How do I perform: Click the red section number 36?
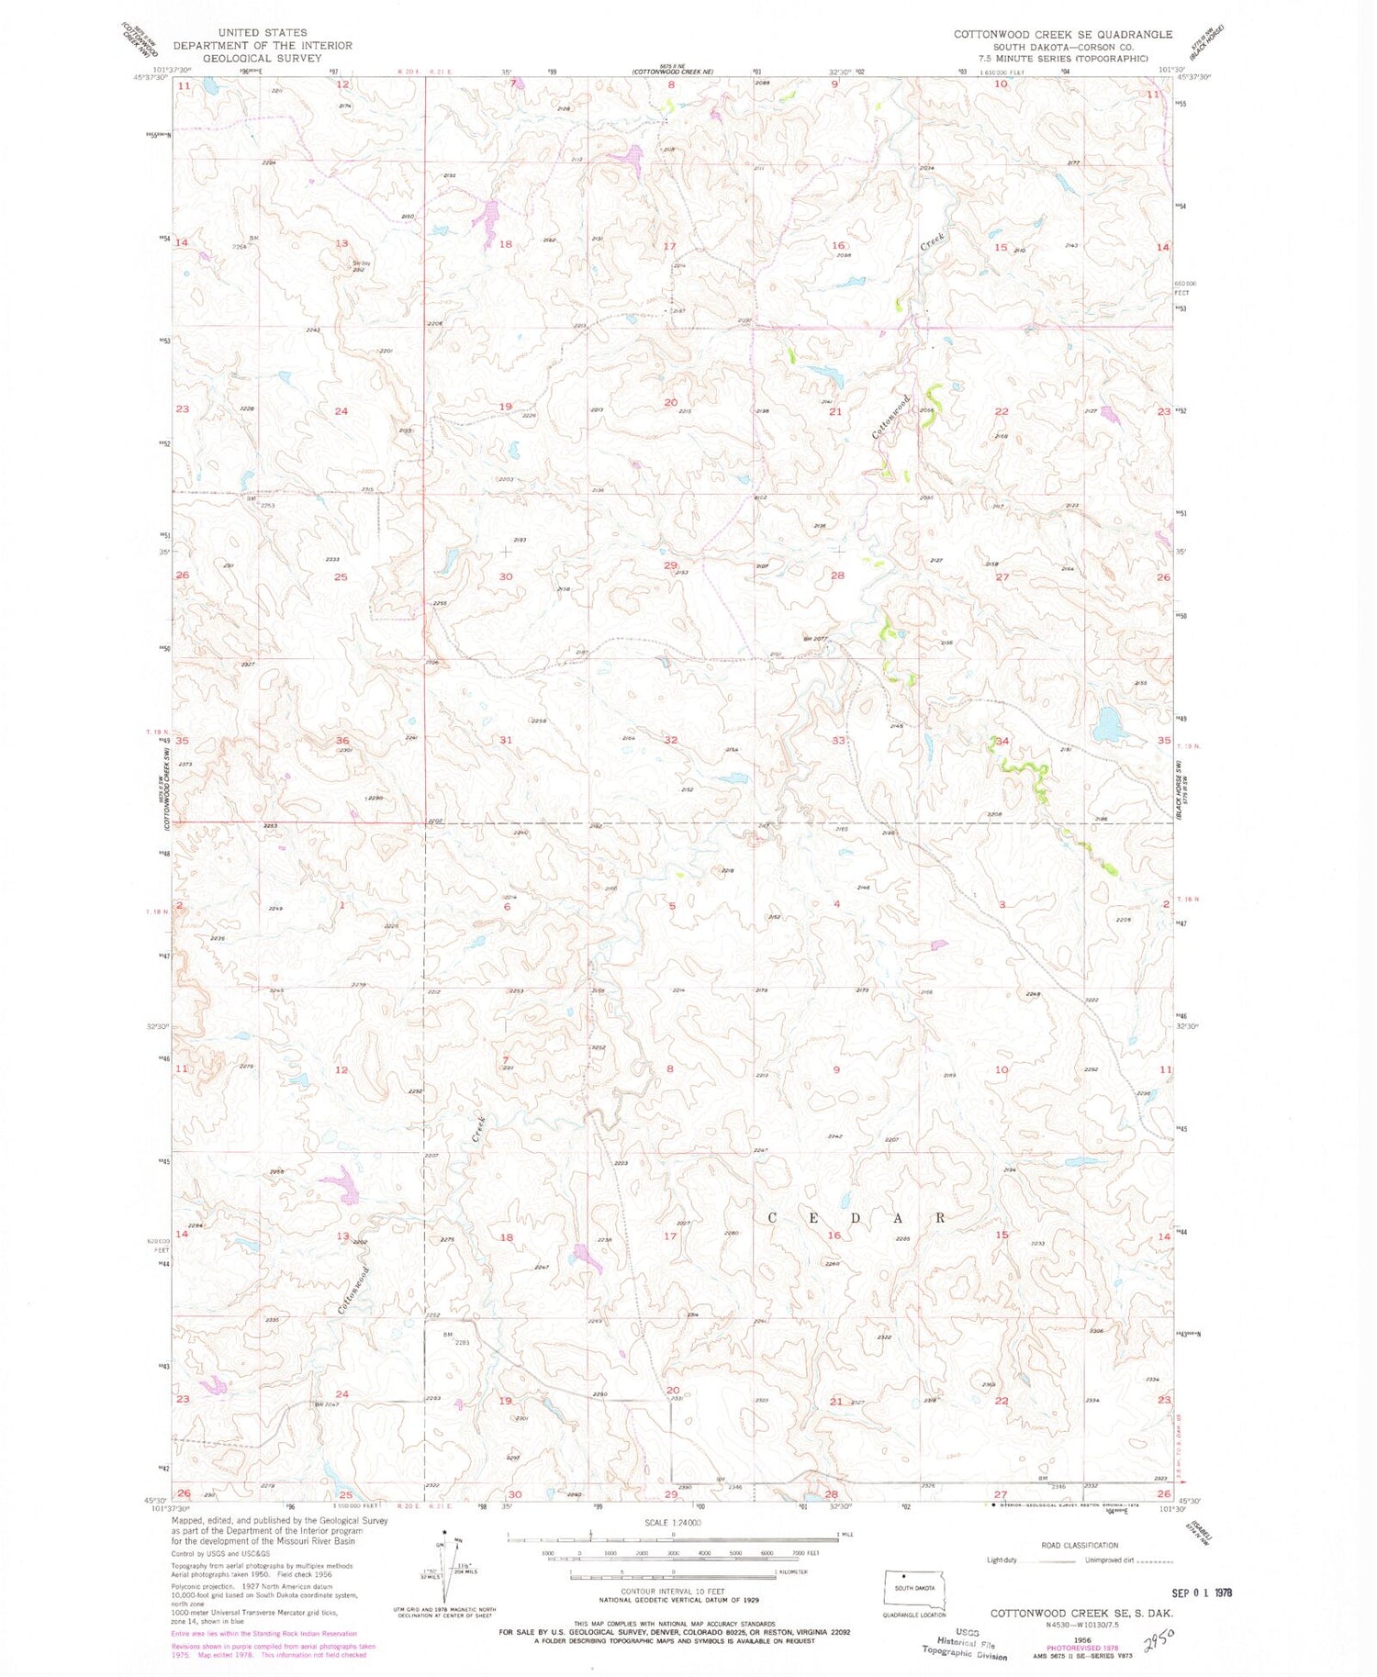(x=342, y=740)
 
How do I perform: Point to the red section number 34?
(x=1002, y=741)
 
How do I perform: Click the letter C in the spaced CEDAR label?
(x=773, y=1218)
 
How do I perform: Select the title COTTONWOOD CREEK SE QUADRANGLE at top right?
(x=1062, y=34)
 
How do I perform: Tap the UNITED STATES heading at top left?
(x=263, y=32)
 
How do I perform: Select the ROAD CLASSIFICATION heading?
(x=1080, y=1545)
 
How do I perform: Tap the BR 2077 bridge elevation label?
(x=815, y=638)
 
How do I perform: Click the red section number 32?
(x=671, y=739)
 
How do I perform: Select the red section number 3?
(x=1002, y=904)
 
